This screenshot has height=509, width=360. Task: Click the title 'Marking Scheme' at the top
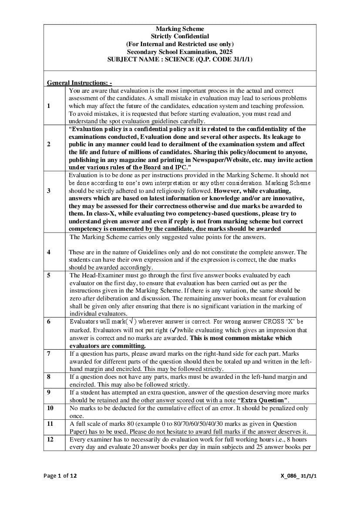point(180,29)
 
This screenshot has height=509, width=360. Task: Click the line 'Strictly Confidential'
point(180,37)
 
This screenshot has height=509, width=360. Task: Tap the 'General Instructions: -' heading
point(79,82)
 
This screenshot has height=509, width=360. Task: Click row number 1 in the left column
point(49,106)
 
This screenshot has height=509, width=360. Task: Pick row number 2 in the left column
point(49,145)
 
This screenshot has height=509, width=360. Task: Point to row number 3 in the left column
point(49,190)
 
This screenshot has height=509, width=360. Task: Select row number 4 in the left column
point(49,252)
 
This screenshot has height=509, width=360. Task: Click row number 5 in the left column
point(49,275)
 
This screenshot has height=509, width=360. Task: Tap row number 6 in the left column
point(49,321)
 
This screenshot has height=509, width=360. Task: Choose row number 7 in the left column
point(50,354)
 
